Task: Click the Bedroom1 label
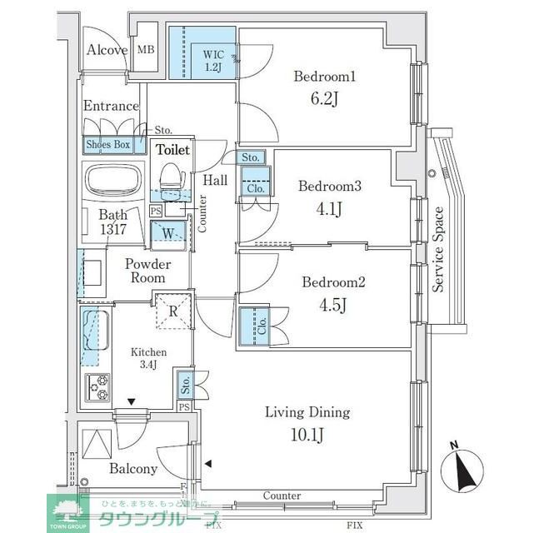[x=325, y=77]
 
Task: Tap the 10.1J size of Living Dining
[x=307, y=436]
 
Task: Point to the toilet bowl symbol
[x=171, y=176]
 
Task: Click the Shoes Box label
[x=108, y=145]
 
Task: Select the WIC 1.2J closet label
[x=213, y=59]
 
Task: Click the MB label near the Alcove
[x=146, y=50]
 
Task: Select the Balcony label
[x=132, y=469]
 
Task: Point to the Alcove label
[x=107, y=50]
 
